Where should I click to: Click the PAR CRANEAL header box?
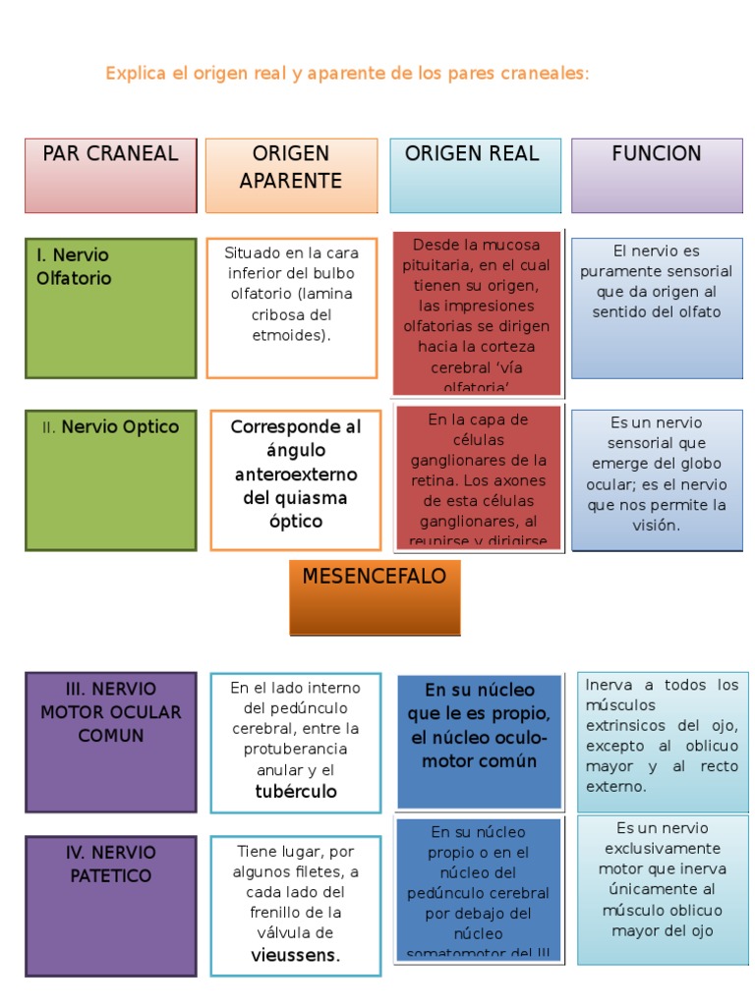pos(110,175)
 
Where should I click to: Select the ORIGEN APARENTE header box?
pos(291,175)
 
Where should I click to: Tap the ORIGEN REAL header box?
pos(475,175)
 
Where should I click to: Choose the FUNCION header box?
pos(657,175)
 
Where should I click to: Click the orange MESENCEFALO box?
pos(375,597)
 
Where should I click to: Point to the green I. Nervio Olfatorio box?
pos(110,307)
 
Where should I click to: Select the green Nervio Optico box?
pos(110,479)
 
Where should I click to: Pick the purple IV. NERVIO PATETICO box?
pos(110,906)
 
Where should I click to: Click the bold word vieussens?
pos(296,956)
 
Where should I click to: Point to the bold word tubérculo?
pos(296,792)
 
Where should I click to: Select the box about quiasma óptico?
pos(296,479)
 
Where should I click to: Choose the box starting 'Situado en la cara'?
pos(292,307)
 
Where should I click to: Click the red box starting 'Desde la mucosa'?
pos(477,312)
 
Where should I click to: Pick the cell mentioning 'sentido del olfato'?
pos(657,307)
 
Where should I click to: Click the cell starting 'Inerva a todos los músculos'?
pos(662,735)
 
